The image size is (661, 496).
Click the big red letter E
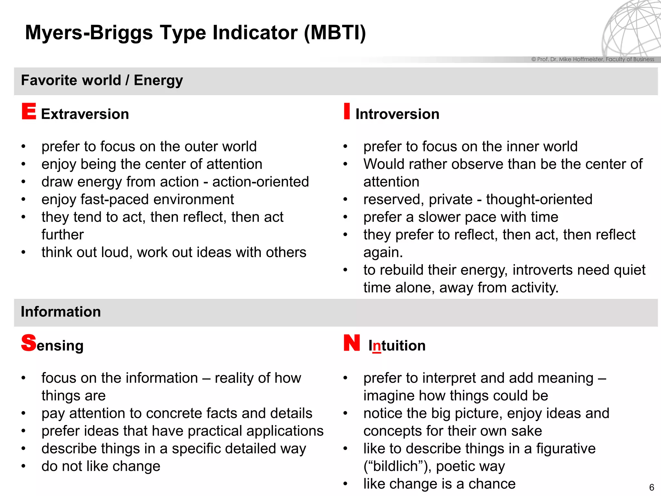(x=29, y=111)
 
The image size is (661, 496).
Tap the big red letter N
(x=351, y=343)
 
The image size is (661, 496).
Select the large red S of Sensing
(x=29, y=343)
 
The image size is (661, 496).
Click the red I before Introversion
(x=347, y=111)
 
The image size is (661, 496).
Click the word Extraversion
(x=85, y=114)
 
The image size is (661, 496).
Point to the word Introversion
(x=397, y=114)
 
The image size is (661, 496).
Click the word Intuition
(x=397, y=346)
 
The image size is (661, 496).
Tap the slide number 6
(x=651, y=487)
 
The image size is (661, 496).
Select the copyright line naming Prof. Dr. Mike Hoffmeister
(x=593, y=59)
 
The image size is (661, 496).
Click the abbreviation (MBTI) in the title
(x=335, y=33)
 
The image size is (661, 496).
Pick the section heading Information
(x=61, y=312)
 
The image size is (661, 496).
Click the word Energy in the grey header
(x=158, y=80)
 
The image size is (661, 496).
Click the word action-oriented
(x=260, y=182)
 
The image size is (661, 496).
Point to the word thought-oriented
(x=539, y=200)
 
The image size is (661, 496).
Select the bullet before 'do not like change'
(x=23, y=466)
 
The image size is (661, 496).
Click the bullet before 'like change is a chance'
(x=345, y=484)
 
